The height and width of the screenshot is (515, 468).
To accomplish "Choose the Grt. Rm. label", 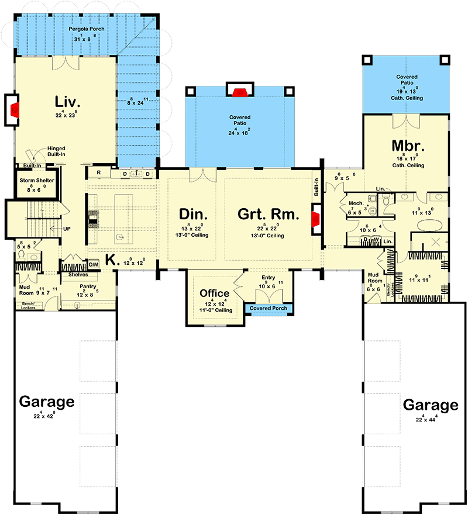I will tap(269, 215).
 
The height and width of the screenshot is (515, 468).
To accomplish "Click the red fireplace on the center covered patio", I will tap(238, 91).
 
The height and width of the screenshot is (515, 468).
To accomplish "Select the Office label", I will tap(214, 293).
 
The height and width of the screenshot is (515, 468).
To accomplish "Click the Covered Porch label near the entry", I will tap(269, 308).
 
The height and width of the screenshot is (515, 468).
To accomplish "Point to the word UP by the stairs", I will tap(67, 229).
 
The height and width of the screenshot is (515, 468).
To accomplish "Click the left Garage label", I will tap(47, 402).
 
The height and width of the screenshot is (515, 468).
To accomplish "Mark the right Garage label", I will tap(430, 405).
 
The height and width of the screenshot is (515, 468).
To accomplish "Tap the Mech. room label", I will tap(356, 203).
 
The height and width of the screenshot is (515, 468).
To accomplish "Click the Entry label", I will tap(269, 278).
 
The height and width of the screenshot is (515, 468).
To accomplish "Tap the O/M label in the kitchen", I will tap(94, 264).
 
